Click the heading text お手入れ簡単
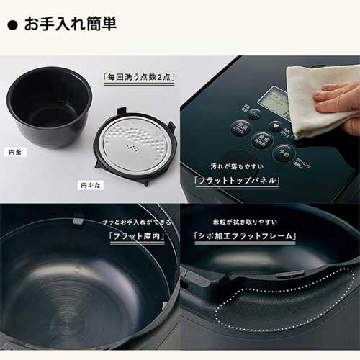click(x=71, y=23)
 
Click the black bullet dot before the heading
click(x=12, y=24)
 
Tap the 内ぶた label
click(x=89, y=185)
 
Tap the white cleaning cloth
click(x=317, y=101)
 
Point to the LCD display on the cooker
click(x=275, y=101)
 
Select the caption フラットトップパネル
click(x=237, y=181)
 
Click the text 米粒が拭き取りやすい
click(x=246, y=220)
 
